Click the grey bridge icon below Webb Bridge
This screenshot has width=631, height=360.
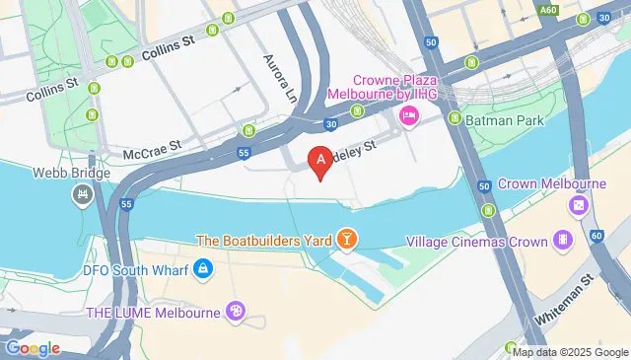82,195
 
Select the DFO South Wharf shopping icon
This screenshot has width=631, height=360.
202,268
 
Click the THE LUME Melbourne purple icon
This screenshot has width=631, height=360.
236,312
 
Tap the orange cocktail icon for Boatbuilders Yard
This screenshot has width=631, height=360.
346,240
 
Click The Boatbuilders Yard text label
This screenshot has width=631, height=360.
263,240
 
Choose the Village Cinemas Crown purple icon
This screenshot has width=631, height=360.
561,239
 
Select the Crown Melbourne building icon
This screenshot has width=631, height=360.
578,206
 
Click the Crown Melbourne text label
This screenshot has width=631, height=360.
551,183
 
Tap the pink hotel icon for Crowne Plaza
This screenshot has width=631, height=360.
408,117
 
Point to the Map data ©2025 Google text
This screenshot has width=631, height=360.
569,351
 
